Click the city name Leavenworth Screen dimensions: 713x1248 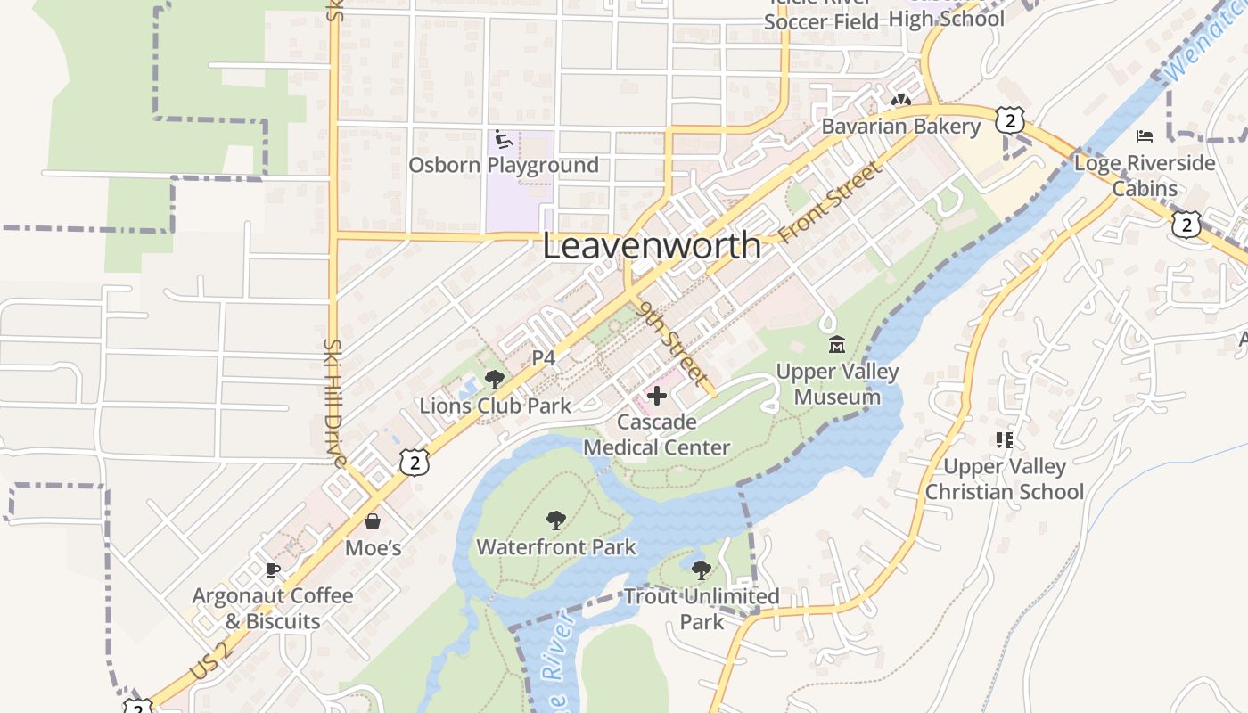(x=652, y=246)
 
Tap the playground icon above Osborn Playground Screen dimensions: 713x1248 (x=504, y=139)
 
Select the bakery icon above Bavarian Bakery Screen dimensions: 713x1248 (x=900, y=102)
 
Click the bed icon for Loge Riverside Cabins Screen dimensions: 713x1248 (x=1145, y=136)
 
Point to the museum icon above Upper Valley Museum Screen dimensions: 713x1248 (x=837, y=345)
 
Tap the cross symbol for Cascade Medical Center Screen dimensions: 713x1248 (x=657, y=395)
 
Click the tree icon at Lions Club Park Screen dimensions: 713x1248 (x=494, y=380)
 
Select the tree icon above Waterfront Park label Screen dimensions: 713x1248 (x=556, y=520)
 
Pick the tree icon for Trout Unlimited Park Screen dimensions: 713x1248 (x=702, y=570)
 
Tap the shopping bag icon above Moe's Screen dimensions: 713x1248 (x=373, y=521)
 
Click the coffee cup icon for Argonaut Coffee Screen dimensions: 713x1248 (x=273, y=570)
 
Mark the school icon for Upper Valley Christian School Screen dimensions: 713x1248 (x=1005, y=439)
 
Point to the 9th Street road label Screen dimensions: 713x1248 (x=674, y=340)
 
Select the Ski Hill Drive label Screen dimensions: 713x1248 (x=334, y=403)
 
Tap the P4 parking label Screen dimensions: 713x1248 (x=544, y=358)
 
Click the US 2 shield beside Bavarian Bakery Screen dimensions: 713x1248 (x=1009, y=120)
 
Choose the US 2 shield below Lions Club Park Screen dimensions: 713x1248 (x=415, y=461)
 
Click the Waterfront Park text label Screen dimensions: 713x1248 (x=556, y=546)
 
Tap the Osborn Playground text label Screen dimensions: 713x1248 (x=504, y=166)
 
